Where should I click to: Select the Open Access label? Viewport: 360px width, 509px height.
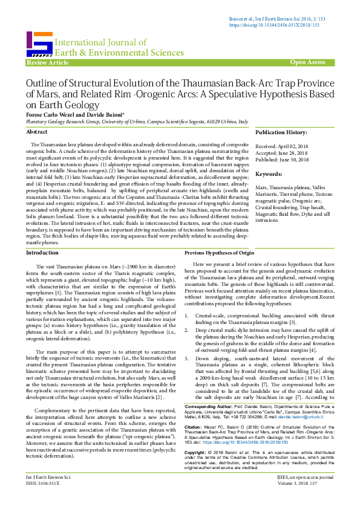tap(307, 62)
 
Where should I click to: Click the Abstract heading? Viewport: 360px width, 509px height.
tap(38, 131)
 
